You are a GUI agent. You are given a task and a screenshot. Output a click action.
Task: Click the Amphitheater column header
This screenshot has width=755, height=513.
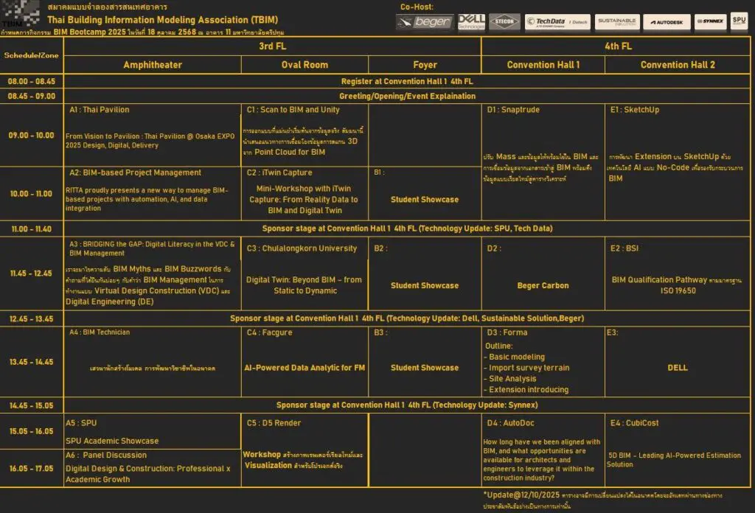coord(152,65)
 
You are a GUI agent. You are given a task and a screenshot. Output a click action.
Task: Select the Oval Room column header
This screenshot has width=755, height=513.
coord(305,65)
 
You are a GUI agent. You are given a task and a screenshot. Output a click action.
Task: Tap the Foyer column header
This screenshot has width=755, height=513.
coord(425,65)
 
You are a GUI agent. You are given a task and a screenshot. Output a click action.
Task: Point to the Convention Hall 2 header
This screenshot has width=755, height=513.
coord(678,65)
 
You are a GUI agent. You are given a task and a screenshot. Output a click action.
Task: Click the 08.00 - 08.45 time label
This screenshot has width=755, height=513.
coord(32,81)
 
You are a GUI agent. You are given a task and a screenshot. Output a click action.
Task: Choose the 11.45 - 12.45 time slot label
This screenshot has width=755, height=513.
coord(32,273)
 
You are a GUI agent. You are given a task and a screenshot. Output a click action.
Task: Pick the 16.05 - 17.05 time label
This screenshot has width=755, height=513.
coord(32,468)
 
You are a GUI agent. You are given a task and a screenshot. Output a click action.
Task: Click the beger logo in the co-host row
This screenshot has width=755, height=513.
coord(424,22)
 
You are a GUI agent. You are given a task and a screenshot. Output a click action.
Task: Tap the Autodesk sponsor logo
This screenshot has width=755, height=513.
coord(667,22)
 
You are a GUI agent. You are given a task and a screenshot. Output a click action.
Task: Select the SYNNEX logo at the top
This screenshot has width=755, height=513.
coord(709,22)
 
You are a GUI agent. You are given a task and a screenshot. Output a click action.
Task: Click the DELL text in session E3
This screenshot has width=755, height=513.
coord(678,367)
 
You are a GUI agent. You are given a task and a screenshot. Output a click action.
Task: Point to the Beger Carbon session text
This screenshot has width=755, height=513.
coord(543,285)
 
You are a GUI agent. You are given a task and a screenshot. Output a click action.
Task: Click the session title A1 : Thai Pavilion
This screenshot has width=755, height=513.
coord(100,110)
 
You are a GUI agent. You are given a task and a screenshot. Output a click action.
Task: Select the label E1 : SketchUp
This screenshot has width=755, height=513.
coord(635,110)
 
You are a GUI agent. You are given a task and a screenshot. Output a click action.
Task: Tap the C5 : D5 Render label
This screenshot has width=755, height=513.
coord(274,423)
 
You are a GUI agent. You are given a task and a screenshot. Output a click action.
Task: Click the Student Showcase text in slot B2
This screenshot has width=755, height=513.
coord(425,285)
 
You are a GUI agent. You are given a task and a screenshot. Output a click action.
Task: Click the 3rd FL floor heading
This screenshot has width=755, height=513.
coord(272,46)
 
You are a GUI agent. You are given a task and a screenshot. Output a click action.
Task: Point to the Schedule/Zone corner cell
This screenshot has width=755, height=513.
coord(32,55)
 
